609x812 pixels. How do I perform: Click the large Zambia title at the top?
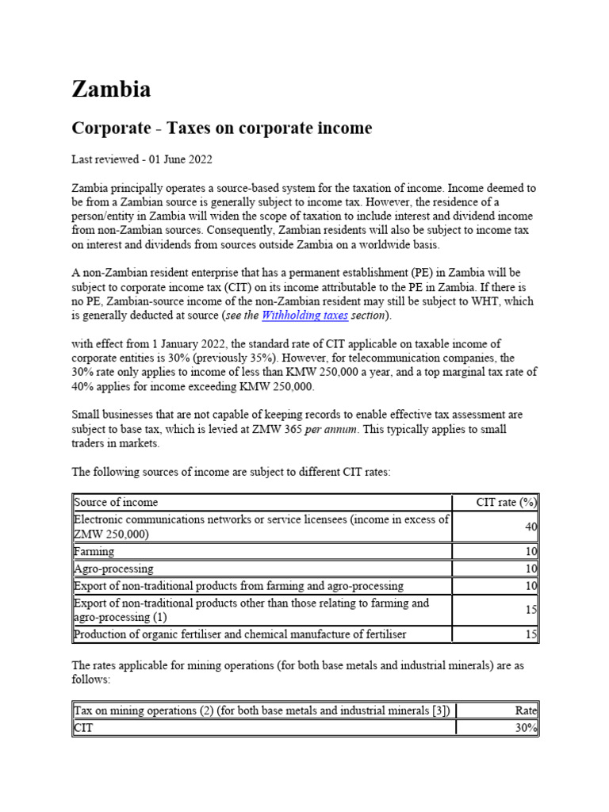(x=111, y=90)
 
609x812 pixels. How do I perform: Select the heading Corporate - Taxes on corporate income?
(x=221, y=128)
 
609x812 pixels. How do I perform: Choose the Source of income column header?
(x=116, y=502)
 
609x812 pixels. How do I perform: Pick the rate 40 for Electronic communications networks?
(x=530, y=527)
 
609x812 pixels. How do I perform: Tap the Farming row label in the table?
(x=94, y=551)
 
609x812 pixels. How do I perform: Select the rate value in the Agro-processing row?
(x=530, y=569)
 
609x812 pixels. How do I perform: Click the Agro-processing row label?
(x=113, y=569)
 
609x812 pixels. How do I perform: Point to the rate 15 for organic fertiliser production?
(x=530, y=634)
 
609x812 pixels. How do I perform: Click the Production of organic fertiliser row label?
(x=237, y=634)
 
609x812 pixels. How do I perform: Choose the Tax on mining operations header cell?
(x=262, y=710)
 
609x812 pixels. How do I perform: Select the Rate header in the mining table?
(x=525, y=710)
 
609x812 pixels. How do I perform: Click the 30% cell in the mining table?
(x=525, y=727)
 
